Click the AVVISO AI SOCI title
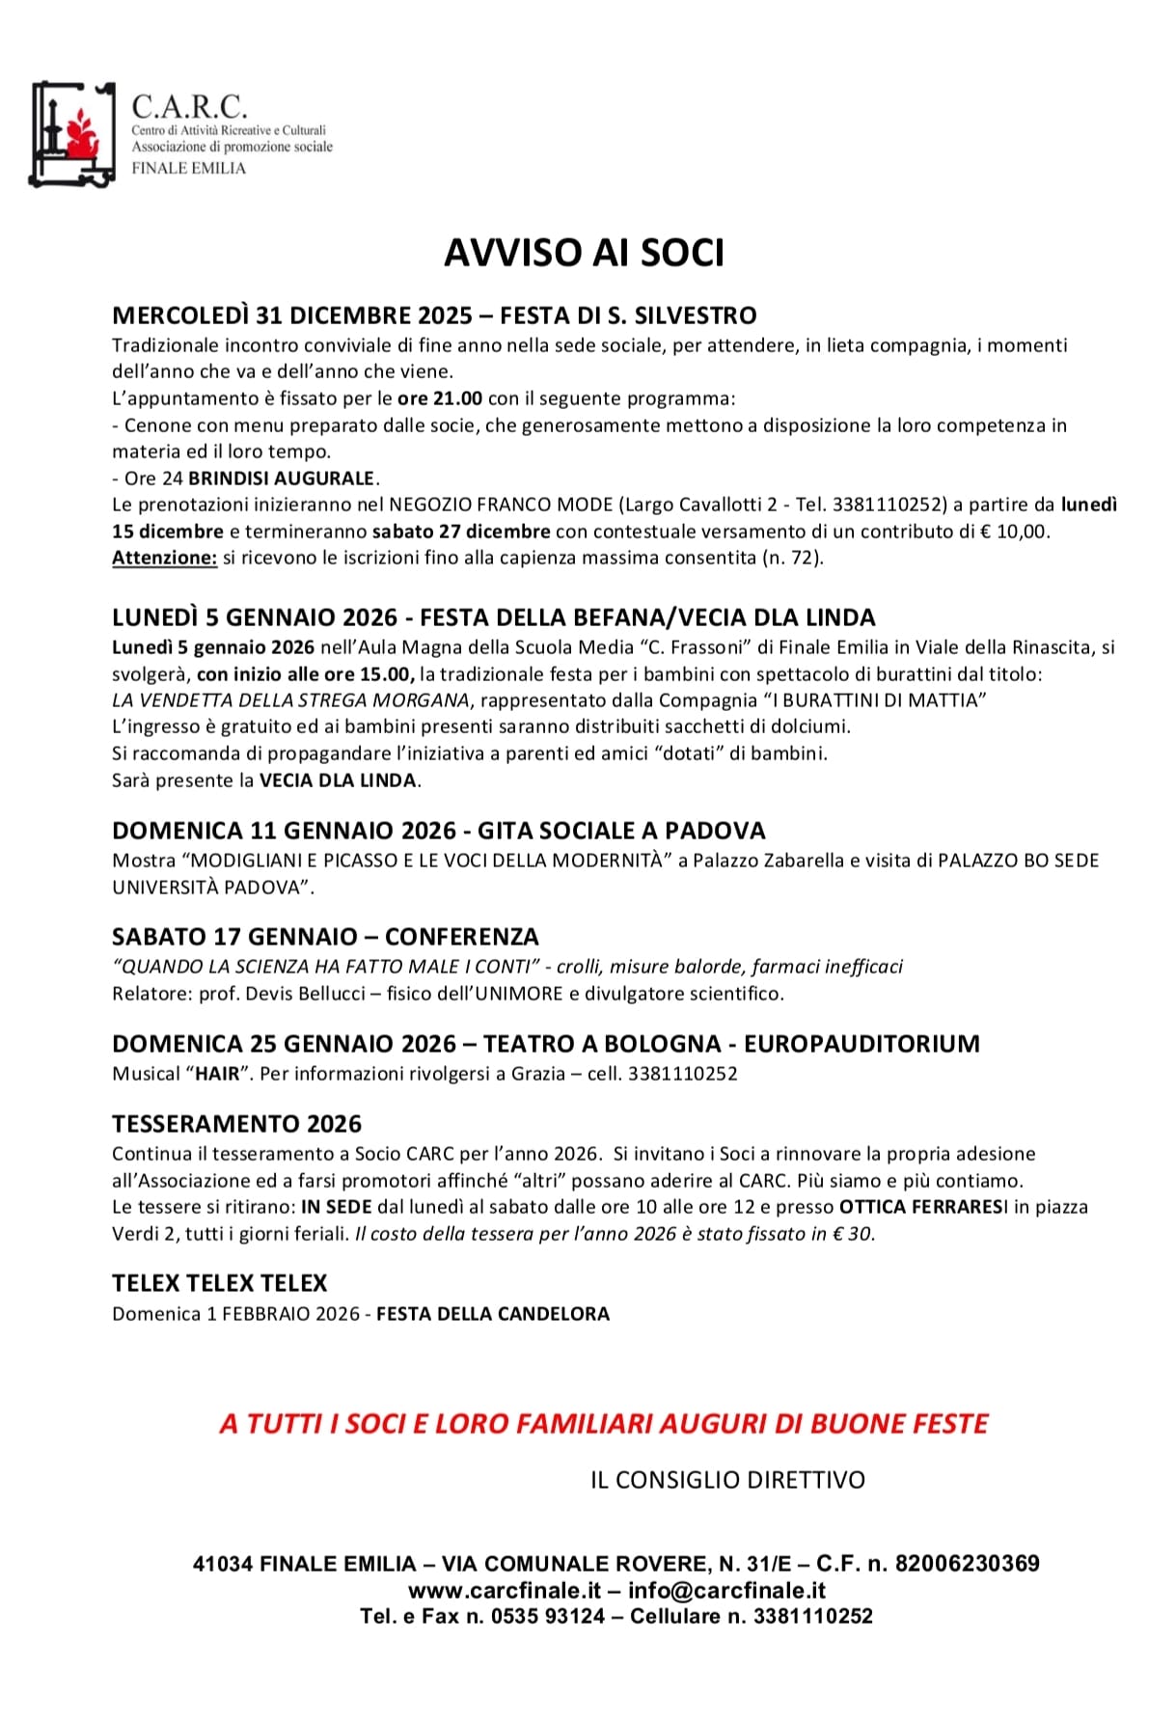(x=584, y=253)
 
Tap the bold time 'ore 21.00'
(x=439, y=398)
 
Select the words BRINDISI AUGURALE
(x=281, y=479)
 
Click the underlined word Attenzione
(x=164, y=558)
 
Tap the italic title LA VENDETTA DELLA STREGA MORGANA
(x=290, y=700)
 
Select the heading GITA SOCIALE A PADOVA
(x=621, y=831)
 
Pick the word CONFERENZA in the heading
(x=461, y=937)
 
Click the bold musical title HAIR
(x=217, y=1074)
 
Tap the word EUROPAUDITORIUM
(x=861, y=1044)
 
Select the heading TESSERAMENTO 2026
(x=236, y=1124)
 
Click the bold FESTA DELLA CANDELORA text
(x=492, y=1314)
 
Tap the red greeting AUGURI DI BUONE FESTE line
(x=604, y=1424)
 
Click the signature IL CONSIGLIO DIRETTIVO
(x=727, y=1480)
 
